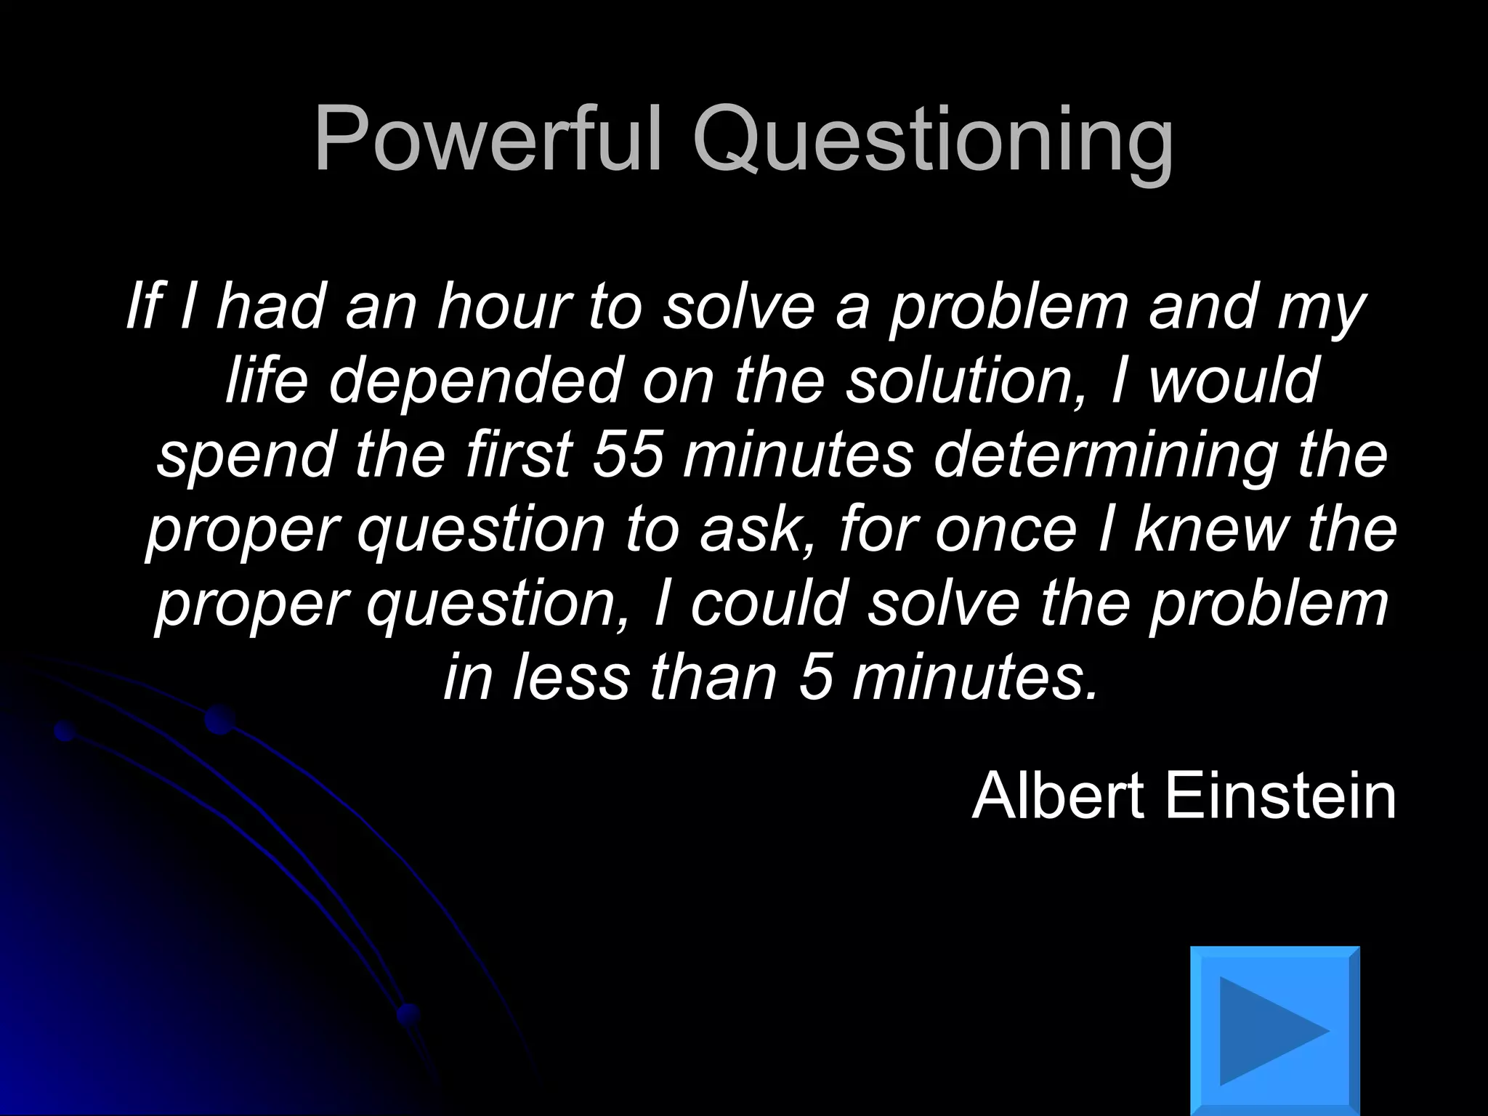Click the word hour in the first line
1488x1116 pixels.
click(503, 307)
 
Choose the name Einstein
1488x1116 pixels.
click(1279, 796)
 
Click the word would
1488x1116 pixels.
click(1233, 381)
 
